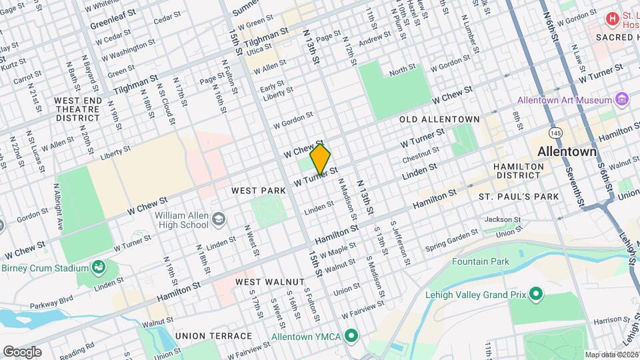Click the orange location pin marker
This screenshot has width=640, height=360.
[x=320, y=159]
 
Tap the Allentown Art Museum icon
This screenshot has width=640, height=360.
[x=622, y=100]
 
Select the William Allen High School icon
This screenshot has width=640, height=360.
[x=218, y=220]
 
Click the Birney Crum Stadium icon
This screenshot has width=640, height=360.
[x=99, y=268]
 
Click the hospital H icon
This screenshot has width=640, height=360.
[x=611, y=18]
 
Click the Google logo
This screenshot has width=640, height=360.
[x=22, y=351]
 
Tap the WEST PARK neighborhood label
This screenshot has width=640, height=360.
[x=259, y=191]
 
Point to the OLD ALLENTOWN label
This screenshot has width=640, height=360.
[x=439, y=119]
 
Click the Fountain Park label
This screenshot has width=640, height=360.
[x=481, y=261]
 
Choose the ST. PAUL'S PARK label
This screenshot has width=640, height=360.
[x=518, y=197]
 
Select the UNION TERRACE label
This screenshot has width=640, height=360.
[x=213, y=336]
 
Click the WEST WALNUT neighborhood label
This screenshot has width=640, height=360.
[x=269, y=283]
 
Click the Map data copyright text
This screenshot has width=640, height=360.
[x=611, y=355]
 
